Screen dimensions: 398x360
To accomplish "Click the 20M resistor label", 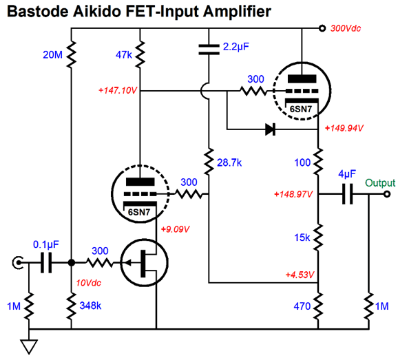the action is pos(52,54).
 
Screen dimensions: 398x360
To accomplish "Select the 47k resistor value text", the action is pos(124,54).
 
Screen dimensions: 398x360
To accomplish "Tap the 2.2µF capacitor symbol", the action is pos(209,50).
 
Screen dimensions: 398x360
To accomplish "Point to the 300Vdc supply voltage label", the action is pos(346,28).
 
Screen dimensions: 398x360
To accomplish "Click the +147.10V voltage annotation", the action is pos(118,90).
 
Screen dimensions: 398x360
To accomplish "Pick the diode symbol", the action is pos(270,129).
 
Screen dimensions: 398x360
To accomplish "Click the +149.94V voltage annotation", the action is pos(344,128).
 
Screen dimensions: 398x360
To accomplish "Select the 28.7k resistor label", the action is pos(229,162).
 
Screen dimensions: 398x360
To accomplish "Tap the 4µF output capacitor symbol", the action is pos(347,194).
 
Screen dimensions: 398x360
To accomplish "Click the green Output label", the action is pos(380,183).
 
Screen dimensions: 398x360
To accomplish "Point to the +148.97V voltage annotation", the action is pos(293,194).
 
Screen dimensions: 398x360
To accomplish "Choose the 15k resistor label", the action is pos(302,237).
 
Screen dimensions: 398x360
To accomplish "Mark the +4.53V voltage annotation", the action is pos(300,275).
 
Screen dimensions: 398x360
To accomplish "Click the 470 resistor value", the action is pos(302,306).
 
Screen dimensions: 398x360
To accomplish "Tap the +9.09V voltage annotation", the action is pos(175,229).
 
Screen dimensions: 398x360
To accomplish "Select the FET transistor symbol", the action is pos(144,262).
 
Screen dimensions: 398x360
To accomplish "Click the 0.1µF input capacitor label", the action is pos(46,244).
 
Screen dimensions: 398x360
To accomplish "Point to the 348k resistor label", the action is pos(90,306).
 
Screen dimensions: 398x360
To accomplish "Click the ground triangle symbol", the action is pos(29,347).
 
